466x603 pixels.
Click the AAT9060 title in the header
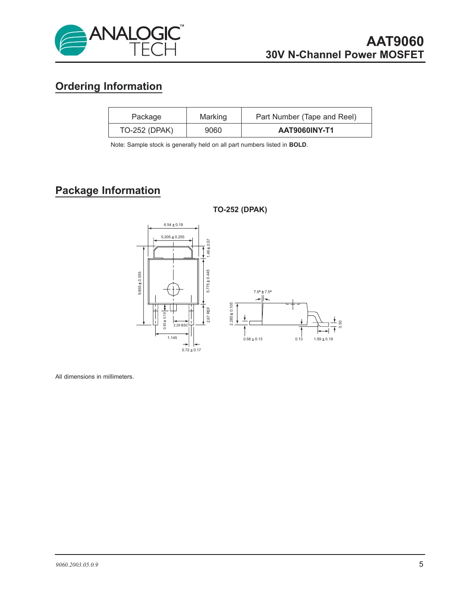pos(395,41)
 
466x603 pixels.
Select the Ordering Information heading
pos(109,86)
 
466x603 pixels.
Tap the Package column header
pos(146,117)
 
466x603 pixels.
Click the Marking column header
pos(213,117)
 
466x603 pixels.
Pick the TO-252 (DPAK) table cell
pos(146,130)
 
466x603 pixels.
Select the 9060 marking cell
pos(213,130)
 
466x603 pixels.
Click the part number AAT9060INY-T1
pos(306,130)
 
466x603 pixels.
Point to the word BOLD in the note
pos(297,145)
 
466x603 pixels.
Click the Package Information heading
pos(108,191)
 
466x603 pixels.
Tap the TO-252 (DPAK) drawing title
pos(240,210)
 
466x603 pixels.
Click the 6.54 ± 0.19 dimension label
pos(173,225)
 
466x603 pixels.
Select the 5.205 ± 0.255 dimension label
pos(173,237)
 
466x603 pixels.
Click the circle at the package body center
pos(173,289)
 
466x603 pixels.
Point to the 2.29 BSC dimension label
pos(180,325)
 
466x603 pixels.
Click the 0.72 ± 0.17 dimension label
pos(191,350)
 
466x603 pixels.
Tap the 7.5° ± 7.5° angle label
pos(262,292)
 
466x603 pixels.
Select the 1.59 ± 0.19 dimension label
pos(323,339)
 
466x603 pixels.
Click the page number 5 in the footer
pos(421,564)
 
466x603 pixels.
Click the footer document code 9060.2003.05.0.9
pos(77,565)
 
